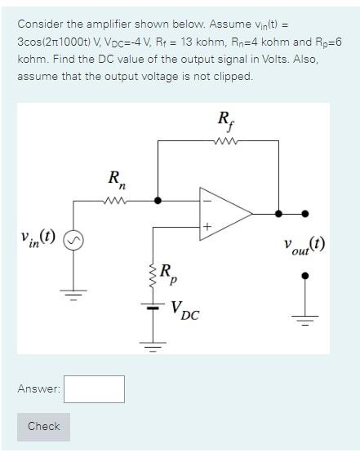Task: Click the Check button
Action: (43, 427)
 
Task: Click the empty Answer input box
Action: (94, 389)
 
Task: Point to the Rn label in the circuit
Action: (117, 179)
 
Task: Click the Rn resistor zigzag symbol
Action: (118, 199)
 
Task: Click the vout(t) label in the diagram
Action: (304, 246)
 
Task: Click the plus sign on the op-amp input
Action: (207, 225)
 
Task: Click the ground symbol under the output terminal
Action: (306, 318)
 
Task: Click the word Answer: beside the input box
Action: (38, 389)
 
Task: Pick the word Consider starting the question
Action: (41, 24)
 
